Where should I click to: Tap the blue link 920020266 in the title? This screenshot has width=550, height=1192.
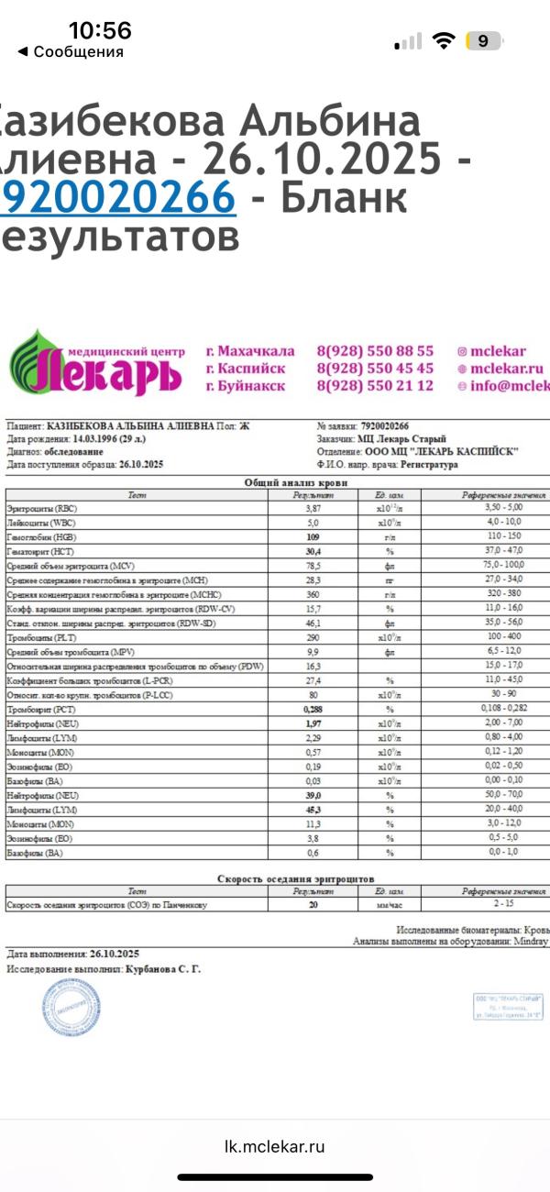[117, 197]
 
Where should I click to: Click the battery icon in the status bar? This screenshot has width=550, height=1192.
[483, 40]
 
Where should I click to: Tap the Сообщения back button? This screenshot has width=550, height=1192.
[71, 52]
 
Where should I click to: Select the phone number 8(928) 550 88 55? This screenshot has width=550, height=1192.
[375, 351]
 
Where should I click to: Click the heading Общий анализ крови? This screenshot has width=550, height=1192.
[295, 482]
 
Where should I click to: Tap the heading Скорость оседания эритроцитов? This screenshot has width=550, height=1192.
[295, 878]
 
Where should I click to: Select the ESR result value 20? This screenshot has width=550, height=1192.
[313, 905]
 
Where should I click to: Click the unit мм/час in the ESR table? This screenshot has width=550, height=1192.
[390, 905]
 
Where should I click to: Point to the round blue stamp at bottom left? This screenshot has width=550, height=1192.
[69, 1009]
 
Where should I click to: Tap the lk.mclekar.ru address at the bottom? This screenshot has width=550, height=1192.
[275, 1146]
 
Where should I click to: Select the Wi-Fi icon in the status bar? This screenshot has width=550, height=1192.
[445, 40]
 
